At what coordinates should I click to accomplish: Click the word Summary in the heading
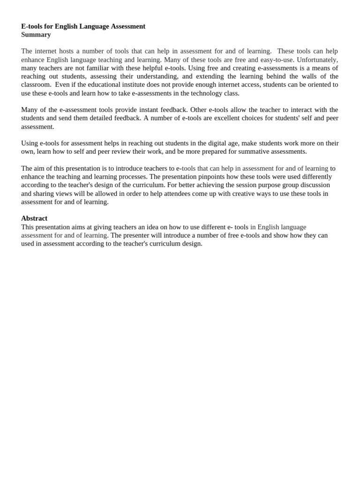click(x=36, y=35)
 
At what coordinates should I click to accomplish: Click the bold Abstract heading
click(x=34, y=218)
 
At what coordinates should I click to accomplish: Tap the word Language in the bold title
click(x=94, y=26)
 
